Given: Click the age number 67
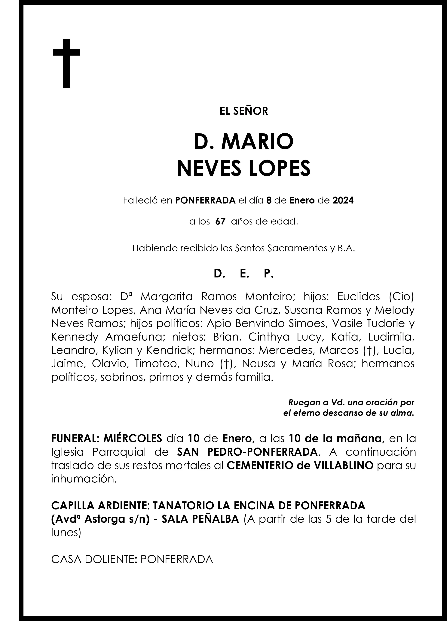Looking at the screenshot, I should click(x=220, y=222).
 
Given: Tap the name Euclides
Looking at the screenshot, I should click(x=359, y=297).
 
